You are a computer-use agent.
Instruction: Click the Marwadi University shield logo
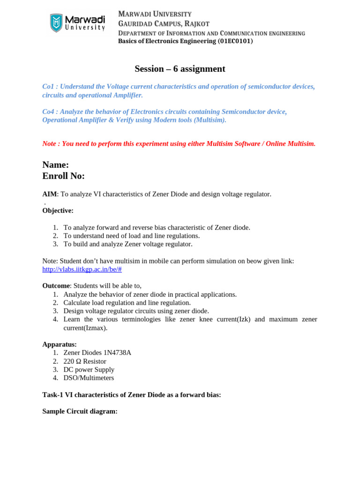[57, 23]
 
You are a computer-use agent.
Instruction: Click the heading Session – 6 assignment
[180, 69]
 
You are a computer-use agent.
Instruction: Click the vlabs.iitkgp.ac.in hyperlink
[82, 270]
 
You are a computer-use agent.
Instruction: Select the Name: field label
[55, 165]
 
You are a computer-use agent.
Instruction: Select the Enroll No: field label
[63, 176]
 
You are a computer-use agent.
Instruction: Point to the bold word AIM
[49, 194]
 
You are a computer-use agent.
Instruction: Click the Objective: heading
[58, 211]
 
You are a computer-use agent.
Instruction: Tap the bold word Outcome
[56, 286]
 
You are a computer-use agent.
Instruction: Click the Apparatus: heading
[60, 345]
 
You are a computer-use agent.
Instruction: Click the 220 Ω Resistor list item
[85, 361]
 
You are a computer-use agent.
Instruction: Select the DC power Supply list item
[89, 370]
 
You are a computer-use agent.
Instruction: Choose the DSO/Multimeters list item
[89, 378]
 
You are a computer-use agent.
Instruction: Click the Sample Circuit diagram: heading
[80, 412]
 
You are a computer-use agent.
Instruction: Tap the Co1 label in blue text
[48, 87]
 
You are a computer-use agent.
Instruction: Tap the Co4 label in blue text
[48, 112]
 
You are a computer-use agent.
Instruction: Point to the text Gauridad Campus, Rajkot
[164, 23]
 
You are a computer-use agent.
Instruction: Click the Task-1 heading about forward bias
[131, 395]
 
